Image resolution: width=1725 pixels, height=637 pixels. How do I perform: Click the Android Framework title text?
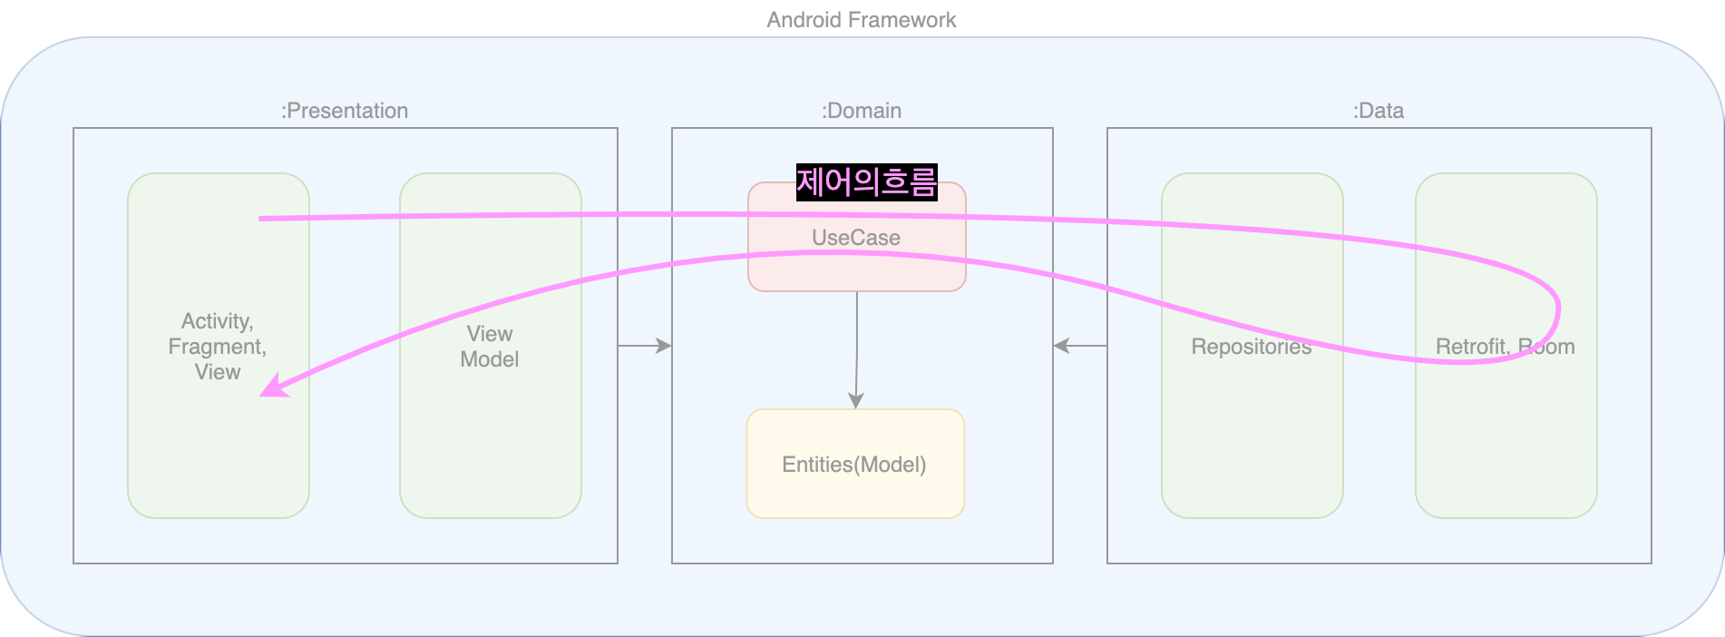861,20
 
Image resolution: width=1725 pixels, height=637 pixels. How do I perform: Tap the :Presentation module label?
345,111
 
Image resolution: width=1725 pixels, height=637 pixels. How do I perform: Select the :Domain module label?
861,111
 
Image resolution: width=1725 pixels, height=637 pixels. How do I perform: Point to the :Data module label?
1378,111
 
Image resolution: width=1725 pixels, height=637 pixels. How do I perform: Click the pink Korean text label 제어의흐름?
866,182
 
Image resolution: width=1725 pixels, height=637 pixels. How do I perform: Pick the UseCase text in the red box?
855,238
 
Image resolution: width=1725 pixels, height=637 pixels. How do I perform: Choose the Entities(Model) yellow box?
854,464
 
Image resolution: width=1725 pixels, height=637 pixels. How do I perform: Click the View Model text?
490,347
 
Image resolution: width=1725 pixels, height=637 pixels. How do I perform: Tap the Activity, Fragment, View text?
218,347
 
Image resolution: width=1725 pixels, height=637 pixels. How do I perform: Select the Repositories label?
1251,347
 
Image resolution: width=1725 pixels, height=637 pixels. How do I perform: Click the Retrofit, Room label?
1505,347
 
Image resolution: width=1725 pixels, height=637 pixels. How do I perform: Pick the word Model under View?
490,359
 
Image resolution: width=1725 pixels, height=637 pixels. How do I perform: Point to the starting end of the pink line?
262,219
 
